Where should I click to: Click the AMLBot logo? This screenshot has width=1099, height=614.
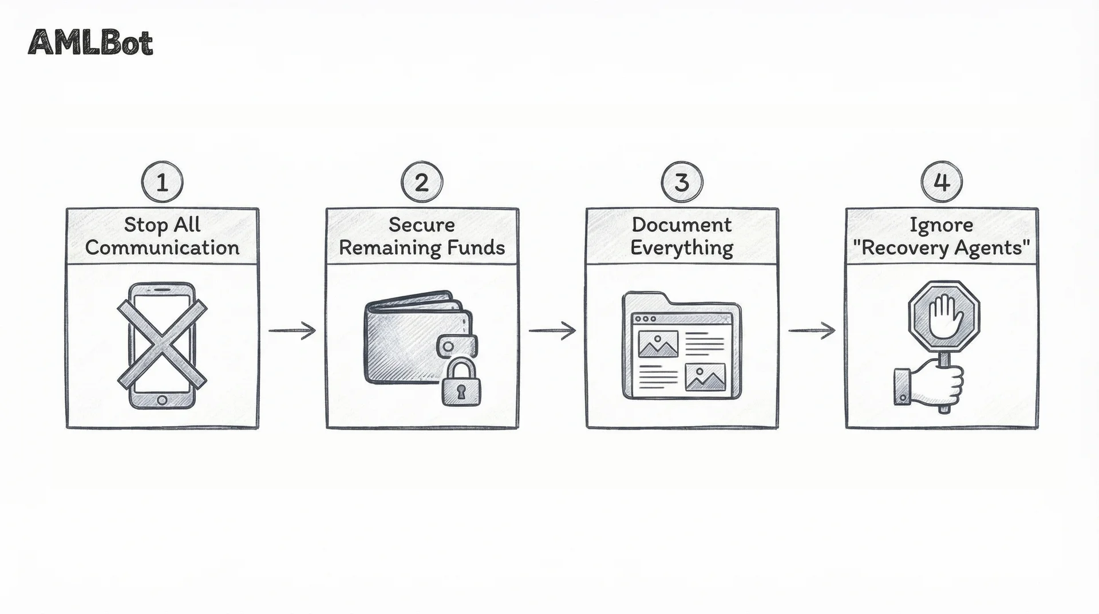[90, 43]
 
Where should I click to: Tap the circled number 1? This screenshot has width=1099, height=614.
[162, 183]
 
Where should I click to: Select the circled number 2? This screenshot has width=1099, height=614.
[422, 183]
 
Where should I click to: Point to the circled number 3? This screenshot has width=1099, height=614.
[682, 183]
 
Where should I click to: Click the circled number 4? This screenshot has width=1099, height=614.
[942, 183]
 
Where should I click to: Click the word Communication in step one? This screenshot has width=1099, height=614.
[162, 248]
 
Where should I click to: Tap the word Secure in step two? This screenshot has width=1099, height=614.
[422, 225]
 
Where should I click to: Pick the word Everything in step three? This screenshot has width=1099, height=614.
[682, 248]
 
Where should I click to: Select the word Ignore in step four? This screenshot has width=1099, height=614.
[942, 225]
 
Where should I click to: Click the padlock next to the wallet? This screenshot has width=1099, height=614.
[461, 384]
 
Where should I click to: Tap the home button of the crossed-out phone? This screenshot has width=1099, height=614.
[162, 399]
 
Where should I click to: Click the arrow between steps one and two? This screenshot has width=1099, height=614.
[292, 330]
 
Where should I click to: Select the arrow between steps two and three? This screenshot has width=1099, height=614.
[552, 330]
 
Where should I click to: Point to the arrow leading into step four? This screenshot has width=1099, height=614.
[812, 330]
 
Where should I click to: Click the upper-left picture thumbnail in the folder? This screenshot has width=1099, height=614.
[658, 344]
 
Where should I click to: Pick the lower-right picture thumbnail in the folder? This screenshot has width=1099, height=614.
[705, 377]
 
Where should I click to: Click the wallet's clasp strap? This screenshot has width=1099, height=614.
[457, 346]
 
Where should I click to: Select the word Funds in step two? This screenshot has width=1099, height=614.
[477, 248]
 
